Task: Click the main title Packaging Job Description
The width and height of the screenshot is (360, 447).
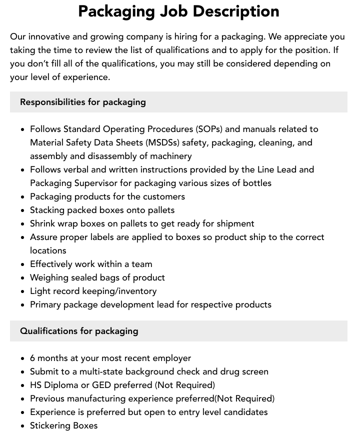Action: click(x=179, y=11)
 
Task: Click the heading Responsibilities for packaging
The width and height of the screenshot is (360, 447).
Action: click(x=83, y=102)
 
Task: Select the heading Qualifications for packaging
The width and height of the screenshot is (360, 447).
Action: click(x=79, y=331)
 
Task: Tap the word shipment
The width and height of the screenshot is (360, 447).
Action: click(x=235, y=223)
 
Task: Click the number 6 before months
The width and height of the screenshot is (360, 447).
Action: click(x=32, y=358)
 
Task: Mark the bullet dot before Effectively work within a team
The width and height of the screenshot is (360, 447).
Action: click(x=23, y=264)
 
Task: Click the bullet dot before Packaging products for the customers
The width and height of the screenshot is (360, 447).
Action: click(x=23, y=197)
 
